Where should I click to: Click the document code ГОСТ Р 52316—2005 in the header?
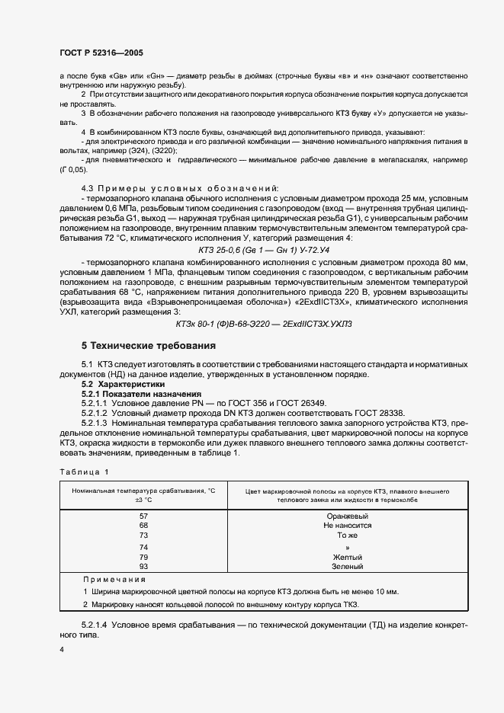(x=101, y=53)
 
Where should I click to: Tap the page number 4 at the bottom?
(x=61, y=650)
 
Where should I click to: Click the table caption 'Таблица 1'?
(x=84, y=472)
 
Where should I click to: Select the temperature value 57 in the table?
(x=143, y=516)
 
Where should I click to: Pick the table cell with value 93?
(x=143, y=567)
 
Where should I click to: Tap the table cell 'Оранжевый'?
(x=347, y=516)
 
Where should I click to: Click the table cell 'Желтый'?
(x=347, y=557)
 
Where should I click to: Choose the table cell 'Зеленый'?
(x=347, y=567)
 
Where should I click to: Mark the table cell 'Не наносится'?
(x=347, y=526)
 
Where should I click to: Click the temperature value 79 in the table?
(x=143, y=557)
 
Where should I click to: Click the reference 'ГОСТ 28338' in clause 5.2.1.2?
(x=379, y=413)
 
